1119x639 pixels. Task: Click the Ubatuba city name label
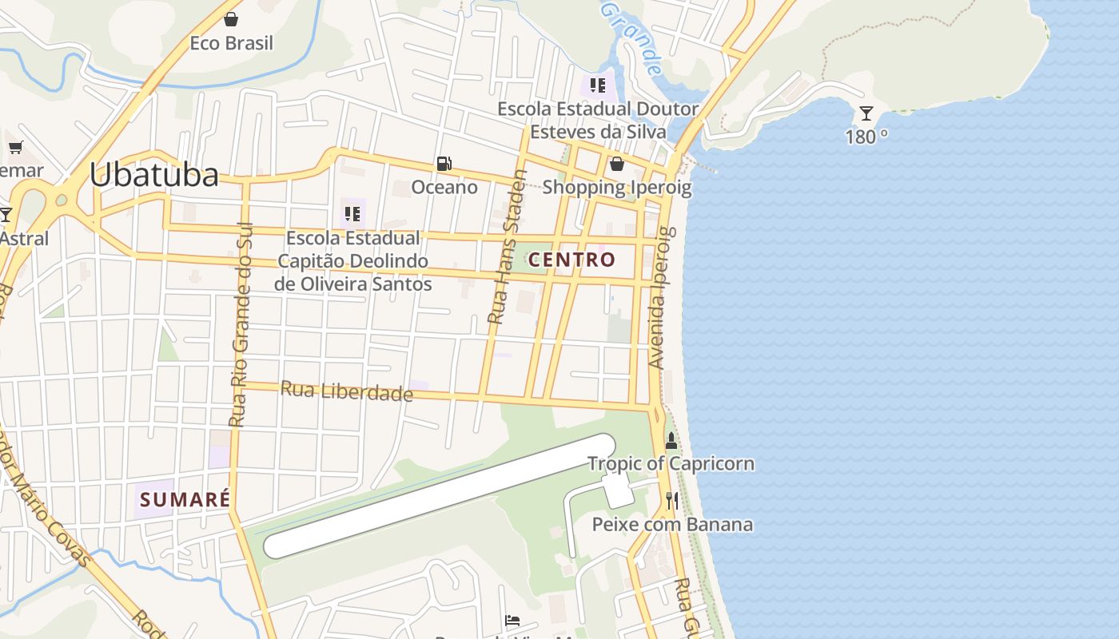[153, 175]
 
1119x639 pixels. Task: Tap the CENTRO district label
[571, 260]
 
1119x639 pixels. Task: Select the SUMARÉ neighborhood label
[185, 500]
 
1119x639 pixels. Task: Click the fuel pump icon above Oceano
[444, 164]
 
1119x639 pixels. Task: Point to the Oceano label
[444, 187]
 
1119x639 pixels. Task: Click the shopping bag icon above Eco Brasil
[231, 19]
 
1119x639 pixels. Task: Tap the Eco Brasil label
[231, 43]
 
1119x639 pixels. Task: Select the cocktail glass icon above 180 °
[866, 113]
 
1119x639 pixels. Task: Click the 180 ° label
[866, 137]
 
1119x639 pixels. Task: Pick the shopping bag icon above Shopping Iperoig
[616, 164]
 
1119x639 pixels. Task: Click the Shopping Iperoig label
[616, 188]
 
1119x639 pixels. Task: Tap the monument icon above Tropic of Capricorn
[671, 440]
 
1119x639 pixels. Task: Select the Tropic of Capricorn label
[671, 464]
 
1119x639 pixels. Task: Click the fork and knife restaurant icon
[672, 501]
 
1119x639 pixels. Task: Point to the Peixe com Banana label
[672, 525]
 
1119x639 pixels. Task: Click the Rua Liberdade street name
[346, 391]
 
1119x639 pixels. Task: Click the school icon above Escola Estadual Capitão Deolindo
[352, 214]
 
